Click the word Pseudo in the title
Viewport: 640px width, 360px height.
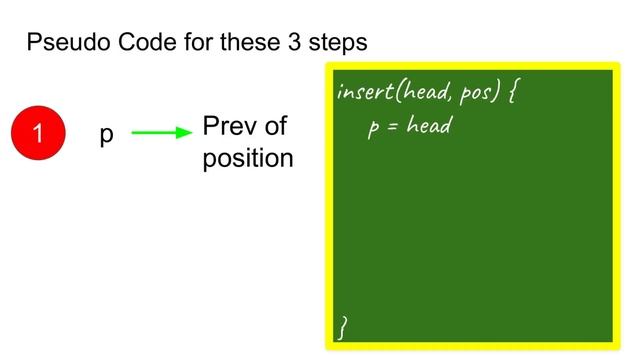click(65, 44)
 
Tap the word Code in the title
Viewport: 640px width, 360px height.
click(137, 44)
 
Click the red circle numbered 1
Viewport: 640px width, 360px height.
click(38, 134)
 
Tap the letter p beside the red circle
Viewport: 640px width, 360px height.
click(106, 136)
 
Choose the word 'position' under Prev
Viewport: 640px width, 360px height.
click(248, 158)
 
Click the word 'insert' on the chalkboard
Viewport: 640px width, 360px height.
click(365, 93)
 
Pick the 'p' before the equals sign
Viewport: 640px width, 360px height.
click(373, 129)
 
